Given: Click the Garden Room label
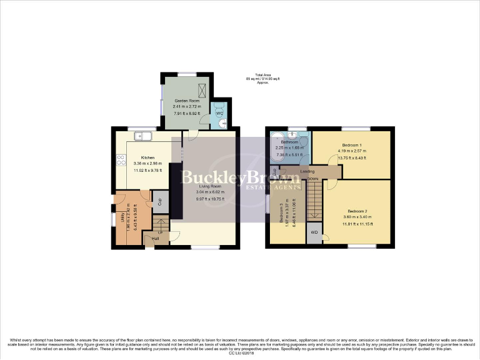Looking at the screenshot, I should pos(186,101).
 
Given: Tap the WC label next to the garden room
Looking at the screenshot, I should pos(219,113).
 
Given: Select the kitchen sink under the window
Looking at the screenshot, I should pos(147,135).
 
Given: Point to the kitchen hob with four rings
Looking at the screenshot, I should pos(119,160).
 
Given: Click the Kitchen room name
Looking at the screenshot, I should pos(147,157).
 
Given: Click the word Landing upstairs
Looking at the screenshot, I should pos(307,171).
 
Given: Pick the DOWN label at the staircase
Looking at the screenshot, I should pos(312,179).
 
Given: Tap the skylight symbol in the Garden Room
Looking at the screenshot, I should pos(201,88).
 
